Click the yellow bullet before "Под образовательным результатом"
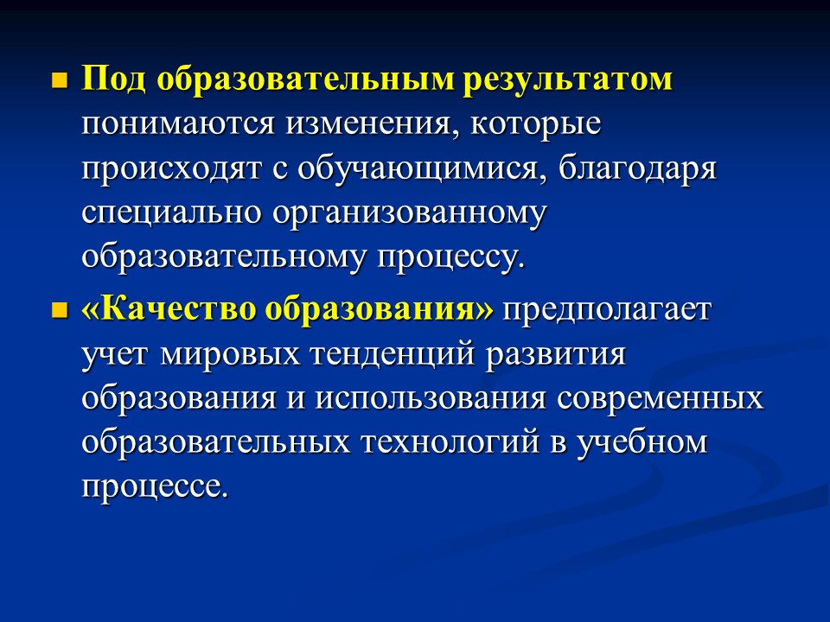click(x=60, y=83)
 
